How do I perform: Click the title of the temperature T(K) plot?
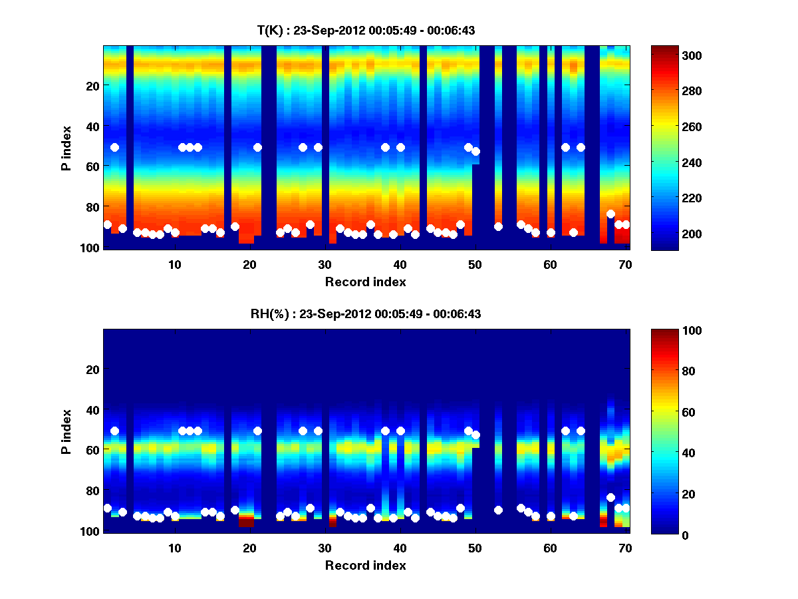point(366,30)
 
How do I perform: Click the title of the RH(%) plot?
point(366,314)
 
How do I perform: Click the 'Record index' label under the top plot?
point(366,282)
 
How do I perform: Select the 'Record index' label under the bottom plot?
point(366,566)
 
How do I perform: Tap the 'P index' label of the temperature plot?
point(66,148)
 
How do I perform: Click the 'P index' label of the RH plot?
point(66,431)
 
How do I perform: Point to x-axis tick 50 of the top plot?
point(475,264)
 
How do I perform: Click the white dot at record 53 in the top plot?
point(498,226)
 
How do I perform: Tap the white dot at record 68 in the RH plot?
point(610,497)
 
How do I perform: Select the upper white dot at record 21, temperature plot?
point(257,147)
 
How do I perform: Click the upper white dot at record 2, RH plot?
point(114,431)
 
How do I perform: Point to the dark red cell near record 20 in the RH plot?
point(246,522)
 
